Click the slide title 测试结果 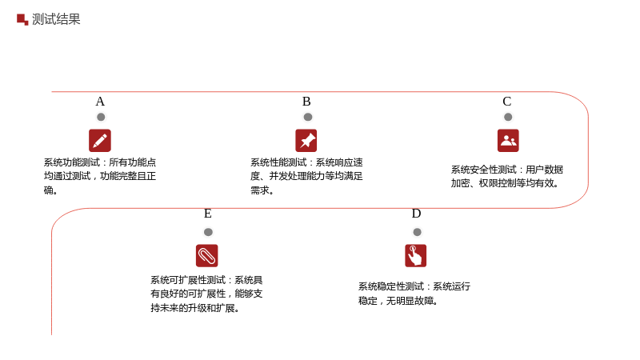(x=56, y=19)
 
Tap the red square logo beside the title (x=22, y=19)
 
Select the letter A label (x=100, y=102)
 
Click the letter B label (x=306, y=102)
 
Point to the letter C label (x=507, y=102)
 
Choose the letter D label (x=416, y=214)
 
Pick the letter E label (x=208, y=214)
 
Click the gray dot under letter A (x=101, y=117)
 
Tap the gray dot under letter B (x=308, y=117)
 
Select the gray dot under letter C (x=508, y=117)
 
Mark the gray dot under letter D (x=417, y=232)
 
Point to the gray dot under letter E (x=208, y=232)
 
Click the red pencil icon (x=100, y=141)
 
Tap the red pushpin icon (x=306, y=141)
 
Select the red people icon (x=508, y=141)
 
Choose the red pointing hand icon (x=415, y=255)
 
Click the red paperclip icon (x=207, y=255)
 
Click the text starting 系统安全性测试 (x=507, y=176)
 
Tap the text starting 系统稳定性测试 (x=414, y=294)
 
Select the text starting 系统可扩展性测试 (x=206, y=294)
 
